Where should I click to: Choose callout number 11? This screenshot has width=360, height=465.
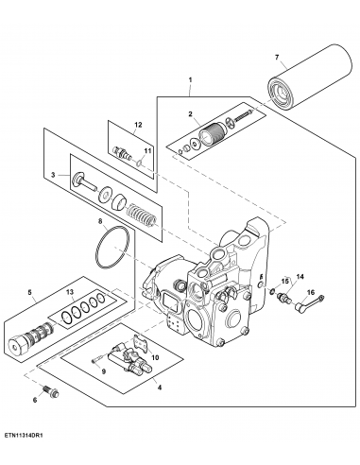pos(147,150)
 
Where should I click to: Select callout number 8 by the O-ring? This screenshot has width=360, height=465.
pos(101,223)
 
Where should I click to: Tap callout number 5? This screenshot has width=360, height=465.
pos(29,294)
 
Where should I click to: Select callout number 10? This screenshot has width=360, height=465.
pos(155,357)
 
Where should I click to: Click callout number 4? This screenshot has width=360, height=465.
pos(158,386)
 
